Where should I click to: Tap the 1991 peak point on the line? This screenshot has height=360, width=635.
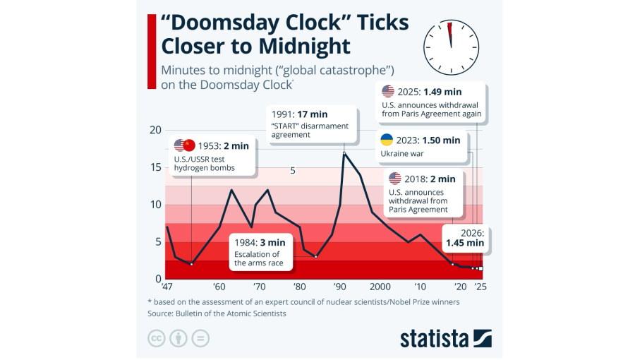(344, 152)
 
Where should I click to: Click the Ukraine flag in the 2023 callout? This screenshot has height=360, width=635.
(387, 140)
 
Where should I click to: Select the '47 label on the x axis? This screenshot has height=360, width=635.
(166, 287)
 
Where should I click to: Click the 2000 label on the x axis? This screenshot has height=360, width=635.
(380, 287)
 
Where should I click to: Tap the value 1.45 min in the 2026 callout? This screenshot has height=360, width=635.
(464, 242)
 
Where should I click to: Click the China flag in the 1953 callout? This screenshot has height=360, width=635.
(188, 145)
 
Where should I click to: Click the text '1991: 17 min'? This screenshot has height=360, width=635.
(299, 114)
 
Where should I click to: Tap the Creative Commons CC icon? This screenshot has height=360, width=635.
(157, 338)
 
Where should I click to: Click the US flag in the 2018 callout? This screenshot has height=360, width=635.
(394, 179)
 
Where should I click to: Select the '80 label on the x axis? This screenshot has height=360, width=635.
(299, 287)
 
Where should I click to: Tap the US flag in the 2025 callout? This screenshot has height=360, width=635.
(387, 91)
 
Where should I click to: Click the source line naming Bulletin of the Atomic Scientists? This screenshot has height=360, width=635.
(217, 313)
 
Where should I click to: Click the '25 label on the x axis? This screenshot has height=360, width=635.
(481, 287)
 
